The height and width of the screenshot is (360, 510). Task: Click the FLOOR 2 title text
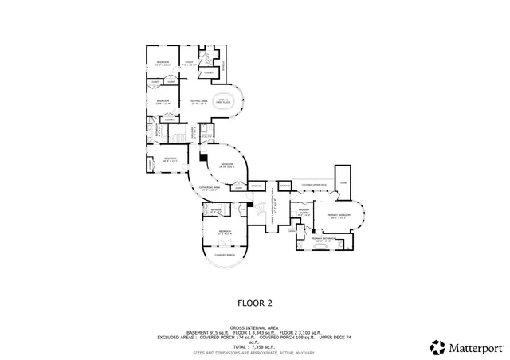point(254,303)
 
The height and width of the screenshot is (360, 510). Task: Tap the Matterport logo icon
point(437,347)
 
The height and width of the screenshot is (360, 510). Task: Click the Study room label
point(190,61)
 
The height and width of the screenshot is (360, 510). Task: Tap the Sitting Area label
point(199,102)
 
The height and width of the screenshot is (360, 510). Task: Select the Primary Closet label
point(304,213)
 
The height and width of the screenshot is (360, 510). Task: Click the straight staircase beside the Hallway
point(175,138)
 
